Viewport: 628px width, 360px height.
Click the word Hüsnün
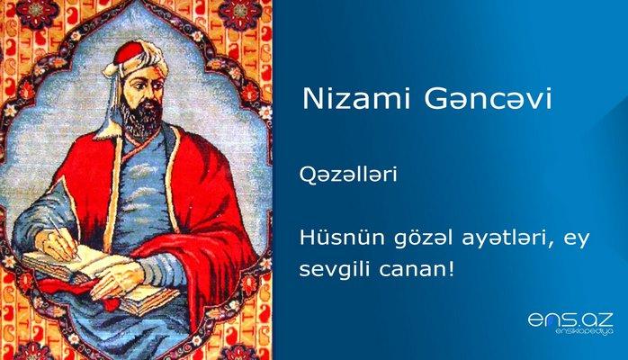point(332,237)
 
